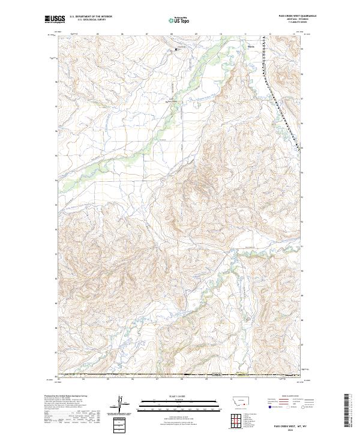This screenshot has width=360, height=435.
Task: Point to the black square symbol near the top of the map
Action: click(x=176, y=49)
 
